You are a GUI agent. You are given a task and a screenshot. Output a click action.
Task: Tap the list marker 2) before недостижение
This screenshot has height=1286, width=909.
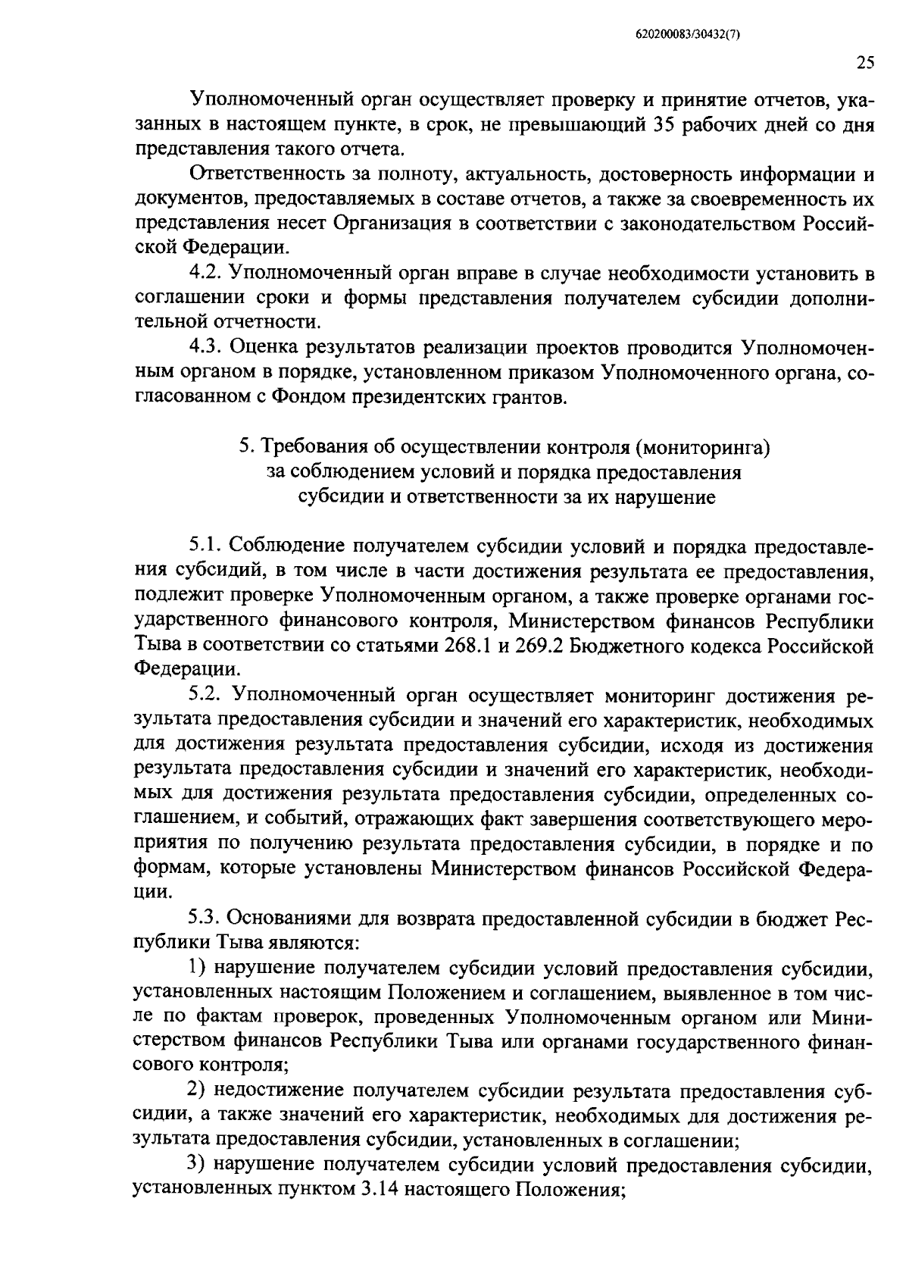pyautogui.click(x=198, y=1092)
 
